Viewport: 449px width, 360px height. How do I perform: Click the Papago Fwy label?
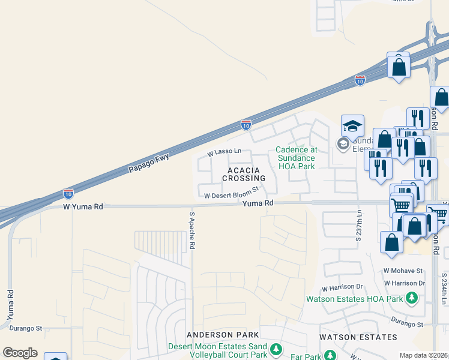[149, 163]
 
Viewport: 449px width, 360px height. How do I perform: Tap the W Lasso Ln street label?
[224, 153]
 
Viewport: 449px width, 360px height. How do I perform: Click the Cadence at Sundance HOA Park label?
[296, 158]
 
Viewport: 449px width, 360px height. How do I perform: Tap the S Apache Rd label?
[193, 231]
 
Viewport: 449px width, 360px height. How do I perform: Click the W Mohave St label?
[404, 271]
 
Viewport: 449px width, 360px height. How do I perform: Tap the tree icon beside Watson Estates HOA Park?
[411, 298]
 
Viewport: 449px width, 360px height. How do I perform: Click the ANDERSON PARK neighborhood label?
[223, 334]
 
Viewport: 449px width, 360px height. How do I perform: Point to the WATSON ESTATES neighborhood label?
[358, 337]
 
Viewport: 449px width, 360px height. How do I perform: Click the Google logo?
[20, 353]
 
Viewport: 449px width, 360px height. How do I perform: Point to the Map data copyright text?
[424, 355]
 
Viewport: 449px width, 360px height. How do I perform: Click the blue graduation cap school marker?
[352, 126]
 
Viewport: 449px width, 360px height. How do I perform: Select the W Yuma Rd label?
[83, 206]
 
